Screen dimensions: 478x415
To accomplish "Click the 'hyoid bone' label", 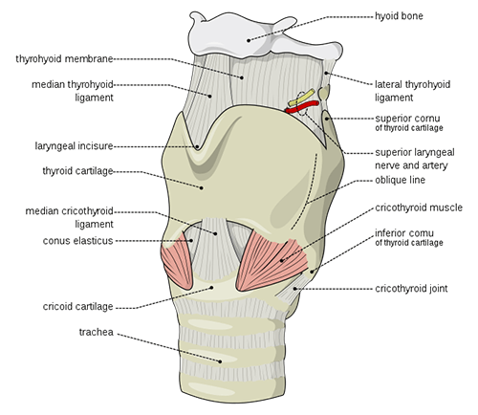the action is click(399, 16).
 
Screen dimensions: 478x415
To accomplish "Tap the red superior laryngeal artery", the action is click(302, 107).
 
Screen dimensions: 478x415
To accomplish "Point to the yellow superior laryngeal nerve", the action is click(301, 98).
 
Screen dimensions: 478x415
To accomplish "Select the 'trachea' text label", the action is click(97, 332).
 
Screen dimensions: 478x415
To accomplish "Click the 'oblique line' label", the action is click(400, 180).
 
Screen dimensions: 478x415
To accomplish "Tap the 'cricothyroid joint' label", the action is click(411, 289).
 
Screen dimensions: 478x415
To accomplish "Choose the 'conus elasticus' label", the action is click(77, 241).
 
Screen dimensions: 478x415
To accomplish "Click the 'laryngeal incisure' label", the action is click(74, 146).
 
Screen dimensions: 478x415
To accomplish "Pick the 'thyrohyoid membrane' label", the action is click(64, 59).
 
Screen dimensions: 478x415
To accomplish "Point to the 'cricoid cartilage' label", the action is click(77, 307).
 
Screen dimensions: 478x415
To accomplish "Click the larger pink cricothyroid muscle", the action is click(272, 261).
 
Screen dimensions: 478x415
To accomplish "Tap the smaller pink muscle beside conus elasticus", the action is click(177, 261).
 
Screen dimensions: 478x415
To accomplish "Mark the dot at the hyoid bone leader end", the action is click(249, 40).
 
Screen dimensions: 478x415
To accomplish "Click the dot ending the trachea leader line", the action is click(220, 361).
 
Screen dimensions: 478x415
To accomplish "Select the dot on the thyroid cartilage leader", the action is click(202, 188).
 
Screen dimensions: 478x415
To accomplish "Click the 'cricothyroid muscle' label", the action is click(419, 207).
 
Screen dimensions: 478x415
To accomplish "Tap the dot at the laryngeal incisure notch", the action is click(197, 147).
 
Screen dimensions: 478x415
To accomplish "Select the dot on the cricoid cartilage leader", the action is click(211, 288).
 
